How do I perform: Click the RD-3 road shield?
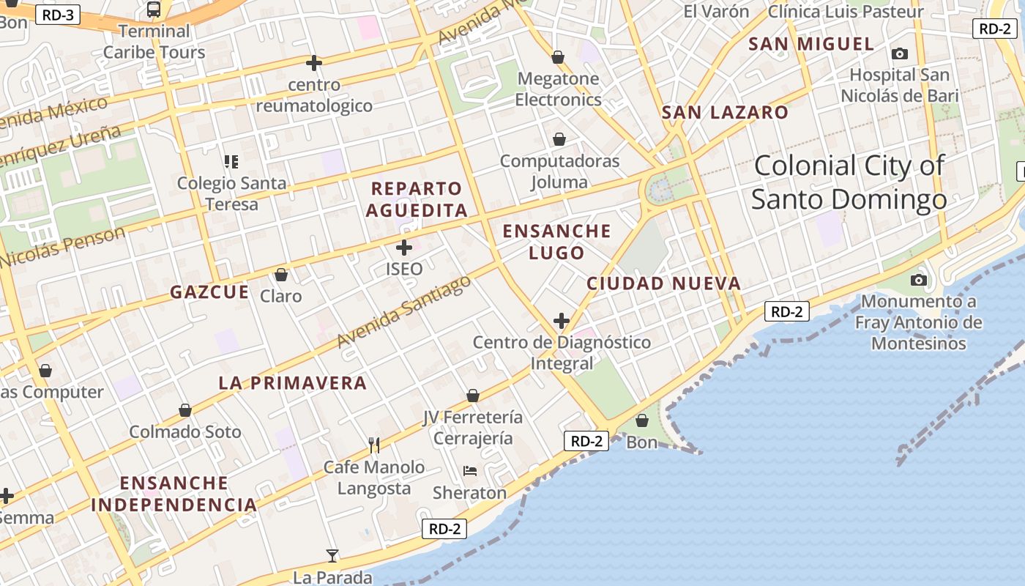pyautogui.click(x=57, y=14)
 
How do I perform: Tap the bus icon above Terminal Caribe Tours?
pyautogui.click(x=154, y=10)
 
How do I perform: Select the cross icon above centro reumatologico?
pyautogui.click(x=314, y=63)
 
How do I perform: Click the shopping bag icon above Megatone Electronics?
pyautogui.click(x=558, y=57)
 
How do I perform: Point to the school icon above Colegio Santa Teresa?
pyautogui.click(x=231, y=161)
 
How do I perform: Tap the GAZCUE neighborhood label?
pyautogui.click(x=209, y=292)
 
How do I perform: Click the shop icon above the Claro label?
pyautogui.click(x=280, y=275)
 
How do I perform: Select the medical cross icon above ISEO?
pyautogui.click(x=403, y=248)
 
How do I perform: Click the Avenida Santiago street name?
pyautogui.click(x=403, y=312)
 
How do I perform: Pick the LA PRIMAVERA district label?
pyautogui.click(x=292, y=383)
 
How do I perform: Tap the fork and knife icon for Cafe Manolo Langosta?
pyautogui.click(x=374, y=445)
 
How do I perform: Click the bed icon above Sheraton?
pyautogui.click(x=469, y=471)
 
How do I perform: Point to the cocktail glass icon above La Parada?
pyautogui.click(x=332, y=556)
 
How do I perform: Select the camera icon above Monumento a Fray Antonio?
pyautogui.click(x=918, y=280)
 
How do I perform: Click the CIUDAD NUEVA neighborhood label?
pyautogui.click(x=663, y=283)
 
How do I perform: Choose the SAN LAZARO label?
pyautogui.click(x=725, y=113)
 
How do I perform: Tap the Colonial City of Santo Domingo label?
pyautogui.click(x=849, y=182)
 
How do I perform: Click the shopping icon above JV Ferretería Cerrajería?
pyautogui.click(x=473, y=396)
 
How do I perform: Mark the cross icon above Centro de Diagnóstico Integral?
pyautogui.click(x=562, y=321)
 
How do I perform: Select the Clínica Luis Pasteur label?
pyautogui.click(x=845, y=12)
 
